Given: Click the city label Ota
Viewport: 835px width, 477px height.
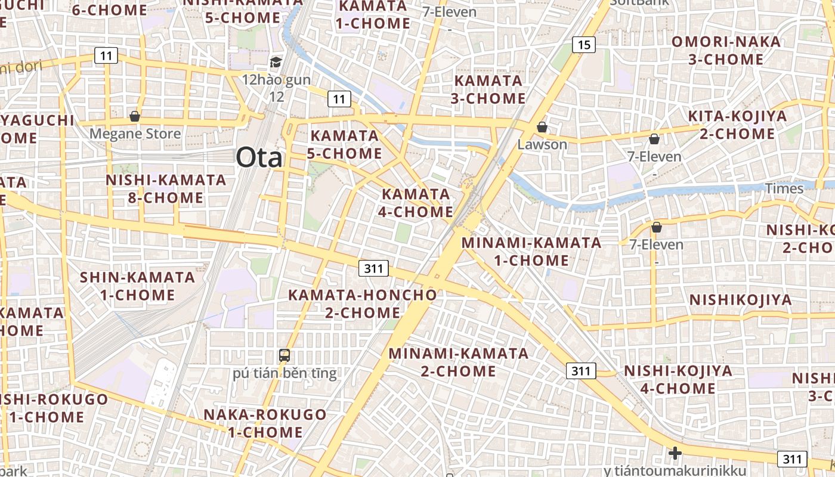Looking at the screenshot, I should pos(259,157).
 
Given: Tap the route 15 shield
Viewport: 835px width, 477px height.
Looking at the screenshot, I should pos(584,44).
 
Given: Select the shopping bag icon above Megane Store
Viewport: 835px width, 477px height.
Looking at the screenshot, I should pos(135,116).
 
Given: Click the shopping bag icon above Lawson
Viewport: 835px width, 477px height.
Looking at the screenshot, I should pos(542,126).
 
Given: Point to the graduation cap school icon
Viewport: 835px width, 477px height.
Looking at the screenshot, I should pos(276,62).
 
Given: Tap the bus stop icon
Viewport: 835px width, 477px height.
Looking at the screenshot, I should pos(284,355).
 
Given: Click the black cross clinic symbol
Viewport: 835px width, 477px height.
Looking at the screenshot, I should pos(675,453).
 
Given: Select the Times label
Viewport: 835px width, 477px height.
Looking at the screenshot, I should pos(784,188).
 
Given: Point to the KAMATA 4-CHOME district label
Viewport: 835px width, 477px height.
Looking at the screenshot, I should pos(416,203).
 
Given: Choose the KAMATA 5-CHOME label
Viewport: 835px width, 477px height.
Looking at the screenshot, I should pos(345,144).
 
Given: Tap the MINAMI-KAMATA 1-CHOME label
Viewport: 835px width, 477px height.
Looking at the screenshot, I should pos(531,251).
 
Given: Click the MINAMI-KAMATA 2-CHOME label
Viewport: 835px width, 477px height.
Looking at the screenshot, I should pos(458,362).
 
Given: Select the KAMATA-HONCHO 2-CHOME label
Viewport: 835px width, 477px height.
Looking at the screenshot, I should pos(363,303).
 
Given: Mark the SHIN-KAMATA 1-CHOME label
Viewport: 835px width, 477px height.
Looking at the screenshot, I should pos(137,286).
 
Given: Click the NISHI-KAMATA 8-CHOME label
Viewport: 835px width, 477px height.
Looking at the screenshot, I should pos(166,188).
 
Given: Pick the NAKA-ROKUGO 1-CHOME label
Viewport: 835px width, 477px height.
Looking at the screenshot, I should pos(265,423).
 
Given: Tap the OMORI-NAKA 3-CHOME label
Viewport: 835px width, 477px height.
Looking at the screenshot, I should pos(726,51).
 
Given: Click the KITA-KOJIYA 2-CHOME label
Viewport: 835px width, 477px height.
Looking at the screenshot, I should pos(737,125).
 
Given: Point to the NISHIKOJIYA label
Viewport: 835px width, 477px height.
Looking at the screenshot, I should pos(741,299).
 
